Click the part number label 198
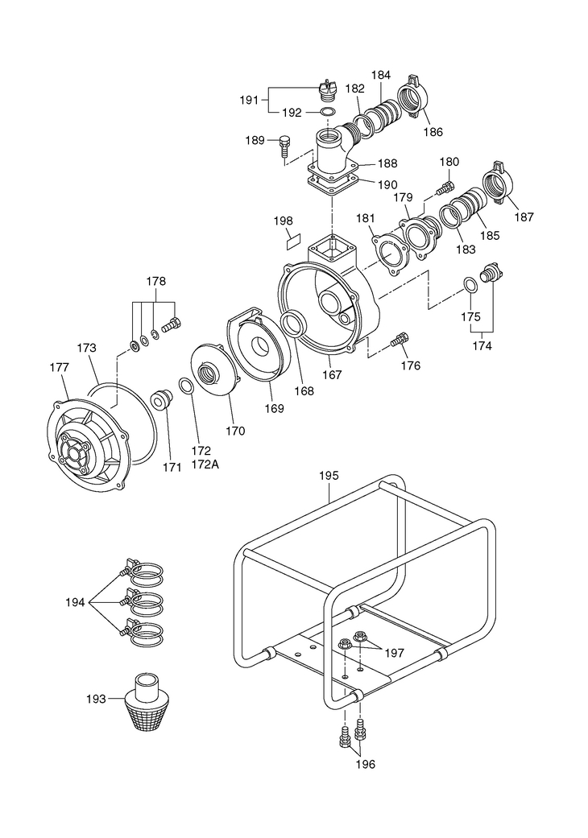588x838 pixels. tap(283, 221)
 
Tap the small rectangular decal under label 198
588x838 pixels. tap(294, 240)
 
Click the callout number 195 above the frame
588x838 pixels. tap(329, 475)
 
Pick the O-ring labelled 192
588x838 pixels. tap(327, 112)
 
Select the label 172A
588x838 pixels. tap(205, 464)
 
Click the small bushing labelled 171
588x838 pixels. tap(161, 400)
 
